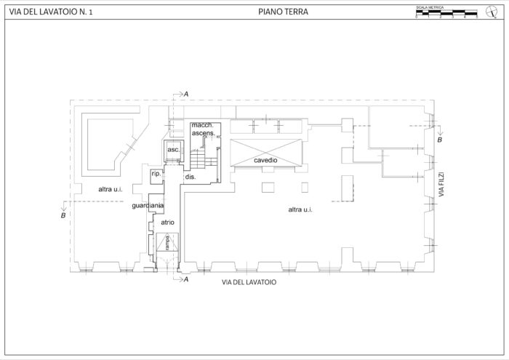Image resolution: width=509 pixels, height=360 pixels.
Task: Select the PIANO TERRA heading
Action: tap(283, 12)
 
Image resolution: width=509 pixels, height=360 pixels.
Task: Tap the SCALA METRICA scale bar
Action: tap(446, 12)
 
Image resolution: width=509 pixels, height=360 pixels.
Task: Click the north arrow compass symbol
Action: tap(490, 11)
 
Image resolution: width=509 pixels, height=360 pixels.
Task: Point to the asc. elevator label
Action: tap(173, 149)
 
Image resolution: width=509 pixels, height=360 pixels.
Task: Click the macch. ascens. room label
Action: tap(201, 129)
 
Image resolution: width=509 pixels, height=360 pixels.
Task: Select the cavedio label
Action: tap(265, 160)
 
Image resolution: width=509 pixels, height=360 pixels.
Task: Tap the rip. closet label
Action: tap(156, 175)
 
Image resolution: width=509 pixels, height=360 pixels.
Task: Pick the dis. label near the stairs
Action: tap(191, 177)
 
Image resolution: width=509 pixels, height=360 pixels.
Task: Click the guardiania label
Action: tap(148, 207)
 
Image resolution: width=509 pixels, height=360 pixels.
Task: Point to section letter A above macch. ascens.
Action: tap(186, 94)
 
